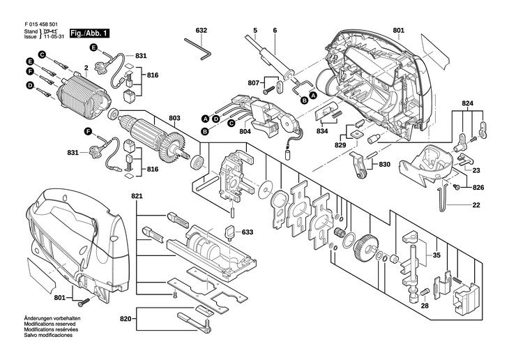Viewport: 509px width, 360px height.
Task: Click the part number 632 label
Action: point(202,31)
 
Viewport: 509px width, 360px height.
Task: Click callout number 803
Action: point(174,118)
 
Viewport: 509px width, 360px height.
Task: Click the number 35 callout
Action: point(436,255)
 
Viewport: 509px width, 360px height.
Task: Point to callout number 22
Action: point(476,204)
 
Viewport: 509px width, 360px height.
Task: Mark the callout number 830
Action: point(384,165)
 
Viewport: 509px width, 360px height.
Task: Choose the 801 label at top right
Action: point(398,31)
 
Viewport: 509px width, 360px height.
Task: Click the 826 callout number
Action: point(476,187)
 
